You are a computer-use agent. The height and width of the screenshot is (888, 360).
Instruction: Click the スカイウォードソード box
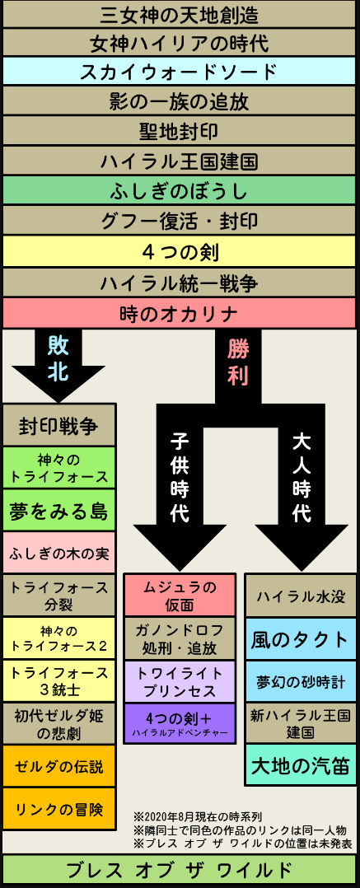click(180, 71)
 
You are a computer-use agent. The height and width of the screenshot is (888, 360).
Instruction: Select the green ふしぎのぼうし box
click(180, 190)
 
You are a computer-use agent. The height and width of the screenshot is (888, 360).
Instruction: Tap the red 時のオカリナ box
click(180, 313)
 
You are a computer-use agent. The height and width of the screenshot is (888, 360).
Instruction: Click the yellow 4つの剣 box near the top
click(180, 251)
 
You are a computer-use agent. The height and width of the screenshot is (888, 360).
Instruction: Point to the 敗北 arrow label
click(58, 357)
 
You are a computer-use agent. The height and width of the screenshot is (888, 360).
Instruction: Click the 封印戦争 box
click(58, 425)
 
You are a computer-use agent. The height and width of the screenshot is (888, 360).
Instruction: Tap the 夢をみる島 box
click(58, 510)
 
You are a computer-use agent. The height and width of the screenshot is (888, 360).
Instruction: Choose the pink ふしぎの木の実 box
click(58, 553)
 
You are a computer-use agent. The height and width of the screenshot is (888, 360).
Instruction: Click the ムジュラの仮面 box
click(180, 596)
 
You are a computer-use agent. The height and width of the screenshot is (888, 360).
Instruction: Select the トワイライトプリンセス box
click(180, 682)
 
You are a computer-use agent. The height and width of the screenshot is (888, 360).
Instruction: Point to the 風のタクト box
click(301, 639)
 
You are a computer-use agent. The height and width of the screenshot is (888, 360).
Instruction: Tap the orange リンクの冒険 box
click(58, 809)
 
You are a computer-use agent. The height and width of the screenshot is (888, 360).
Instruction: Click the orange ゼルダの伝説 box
click(58, 766)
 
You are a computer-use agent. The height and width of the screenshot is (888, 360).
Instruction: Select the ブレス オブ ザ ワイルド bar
click(180, 871)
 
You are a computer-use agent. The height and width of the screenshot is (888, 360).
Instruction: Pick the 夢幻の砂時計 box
click(301, 681)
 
